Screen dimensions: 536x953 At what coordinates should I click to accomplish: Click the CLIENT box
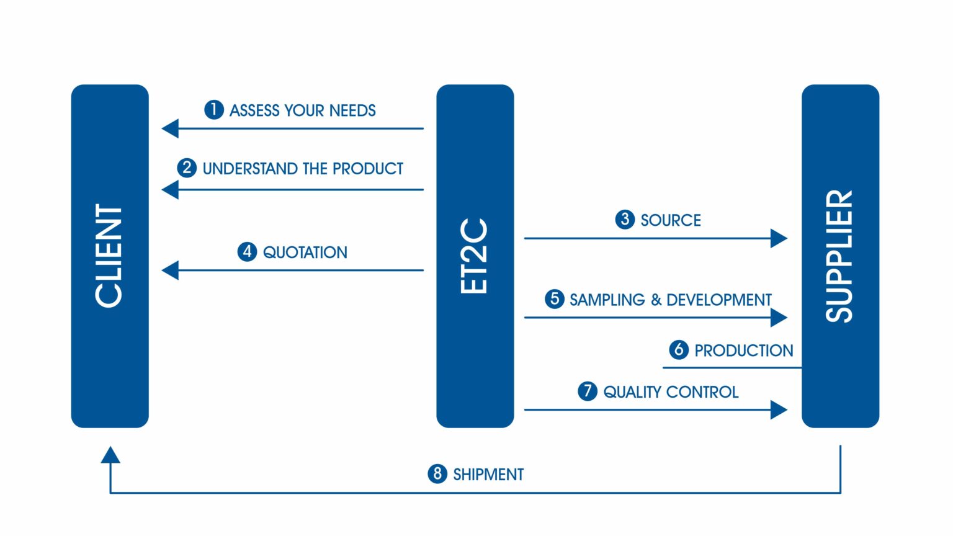(x=110, y=256)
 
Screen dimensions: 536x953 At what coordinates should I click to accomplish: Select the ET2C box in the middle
(x=475, y=256)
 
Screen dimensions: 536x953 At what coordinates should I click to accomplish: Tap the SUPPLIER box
(x=840, y=256)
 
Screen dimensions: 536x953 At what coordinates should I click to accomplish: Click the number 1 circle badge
(x=214, y=110)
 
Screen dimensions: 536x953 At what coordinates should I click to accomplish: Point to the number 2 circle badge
(x=187, y=168)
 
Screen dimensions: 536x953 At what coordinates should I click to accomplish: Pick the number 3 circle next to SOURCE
(x=625, y=220)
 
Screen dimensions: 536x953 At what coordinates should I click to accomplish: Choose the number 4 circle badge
(x=247, y=252)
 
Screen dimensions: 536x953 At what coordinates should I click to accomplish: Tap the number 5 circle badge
(x=554, y=299)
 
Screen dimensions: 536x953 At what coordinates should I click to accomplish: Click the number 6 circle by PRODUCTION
(x=679, y=350)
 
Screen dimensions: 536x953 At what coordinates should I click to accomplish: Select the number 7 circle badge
(x=587, y=391)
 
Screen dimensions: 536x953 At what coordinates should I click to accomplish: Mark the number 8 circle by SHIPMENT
(x=437, y=474)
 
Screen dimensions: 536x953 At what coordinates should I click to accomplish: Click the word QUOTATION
(x=305, y=252)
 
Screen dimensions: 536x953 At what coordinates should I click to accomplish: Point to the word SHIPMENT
(x=488, y=475)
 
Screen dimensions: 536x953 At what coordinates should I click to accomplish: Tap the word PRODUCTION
(x=743, y=351)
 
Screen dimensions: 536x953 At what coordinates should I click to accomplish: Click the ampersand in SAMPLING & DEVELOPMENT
(x=656, y=300)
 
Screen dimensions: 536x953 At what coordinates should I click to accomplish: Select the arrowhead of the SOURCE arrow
(x=779, y=238)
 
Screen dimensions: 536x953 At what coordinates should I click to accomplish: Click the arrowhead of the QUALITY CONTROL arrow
(x=779, y=409)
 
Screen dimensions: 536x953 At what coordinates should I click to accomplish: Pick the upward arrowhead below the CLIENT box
(x=110, y=455)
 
